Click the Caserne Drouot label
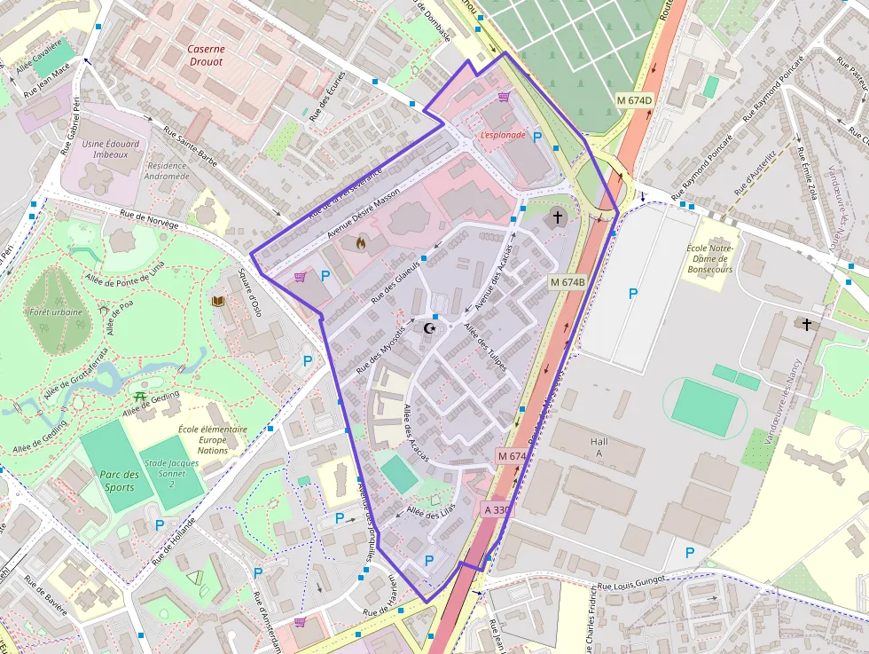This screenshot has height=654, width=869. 206,56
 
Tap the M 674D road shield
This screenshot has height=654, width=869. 634,100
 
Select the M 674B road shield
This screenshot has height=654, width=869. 568,282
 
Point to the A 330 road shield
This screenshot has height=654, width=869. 497,509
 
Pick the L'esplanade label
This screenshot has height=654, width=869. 503,135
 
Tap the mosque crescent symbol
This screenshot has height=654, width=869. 432,328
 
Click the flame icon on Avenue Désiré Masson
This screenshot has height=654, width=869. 360,241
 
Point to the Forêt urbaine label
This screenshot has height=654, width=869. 56,312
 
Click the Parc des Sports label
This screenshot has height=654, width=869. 119,481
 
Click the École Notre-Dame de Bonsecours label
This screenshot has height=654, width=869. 711,258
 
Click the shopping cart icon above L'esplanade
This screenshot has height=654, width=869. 504,97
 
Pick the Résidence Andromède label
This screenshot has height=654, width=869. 168,170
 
